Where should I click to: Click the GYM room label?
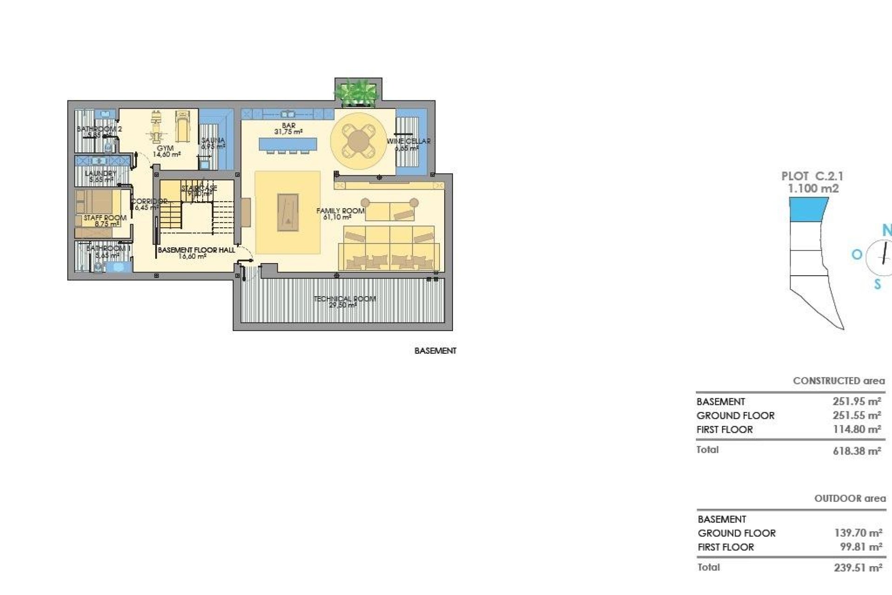click(165, 148)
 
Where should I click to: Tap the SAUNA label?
click(213, 140)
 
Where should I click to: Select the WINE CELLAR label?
click(408, 141)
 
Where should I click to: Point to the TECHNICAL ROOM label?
click(345, 299)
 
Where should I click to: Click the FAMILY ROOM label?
click(340, 211)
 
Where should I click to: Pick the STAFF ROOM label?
click(105, 218)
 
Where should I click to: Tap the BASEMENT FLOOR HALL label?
click(196, 250)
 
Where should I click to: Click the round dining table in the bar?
click(358, 141)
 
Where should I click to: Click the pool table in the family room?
click(288, 212)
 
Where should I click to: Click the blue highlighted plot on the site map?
click(808, 209)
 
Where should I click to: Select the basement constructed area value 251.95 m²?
click(857, 401)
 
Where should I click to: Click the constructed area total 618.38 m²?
click(857, 450)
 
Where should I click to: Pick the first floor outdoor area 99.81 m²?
click(860, 547)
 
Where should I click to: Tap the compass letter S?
click(877, 284)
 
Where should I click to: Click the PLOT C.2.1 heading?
click(812, 177)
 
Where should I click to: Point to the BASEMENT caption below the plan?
click(435, 351)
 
